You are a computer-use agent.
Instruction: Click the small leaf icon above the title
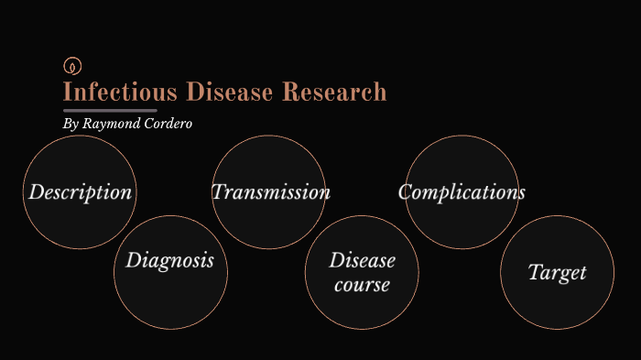[73, 66]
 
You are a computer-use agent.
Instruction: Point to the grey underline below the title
[110, 111]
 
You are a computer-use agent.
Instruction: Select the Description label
[81, 192]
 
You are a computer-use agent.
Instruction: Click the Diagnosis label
[170, 261]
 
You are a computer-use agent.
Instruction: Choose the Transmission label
[271, 192]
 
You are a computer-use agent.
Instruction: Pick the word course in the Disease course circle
[362, 285]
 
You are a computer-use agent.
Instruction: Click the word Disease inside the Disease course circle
[363, 261]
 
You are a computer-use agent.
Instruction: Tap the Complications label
[462, 192]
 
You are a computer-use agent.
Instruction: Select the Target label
[558, 272]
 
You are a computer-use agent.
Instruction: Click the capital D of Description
[37, 192]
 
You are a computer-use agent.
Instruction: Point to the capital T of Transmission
[219, 192]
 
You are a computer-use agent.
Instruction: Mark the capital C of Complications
[406, 192]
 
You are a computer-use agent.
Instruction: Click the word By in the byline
[71, 124]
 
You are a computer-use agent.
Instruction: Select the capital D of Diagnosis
[134, 261]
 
